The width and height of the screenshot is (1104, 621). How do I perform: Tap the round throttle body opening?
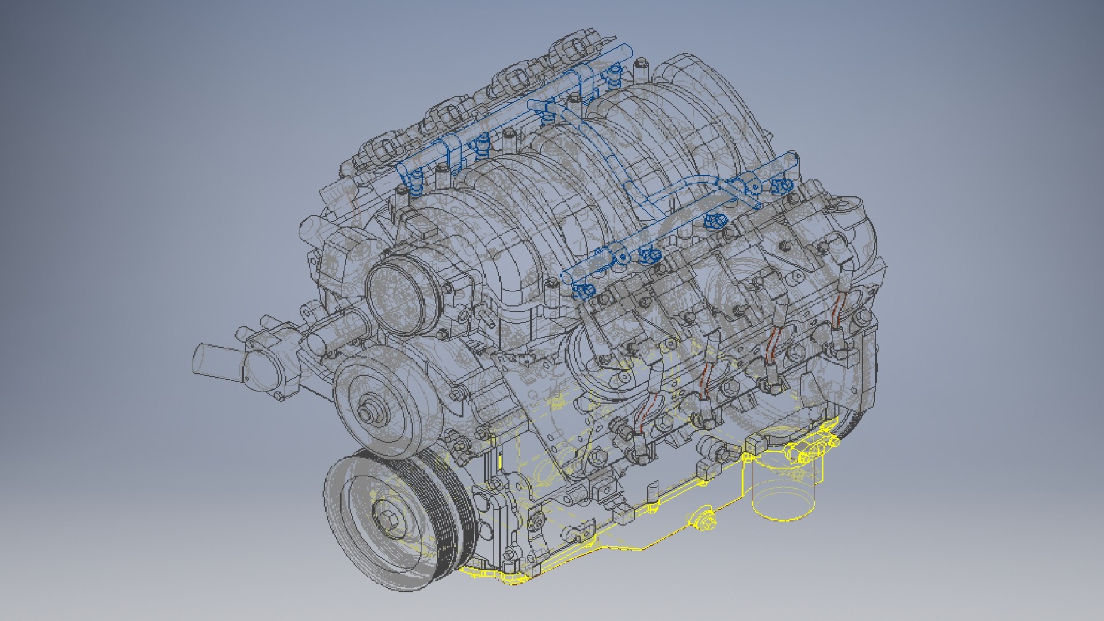396,294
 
